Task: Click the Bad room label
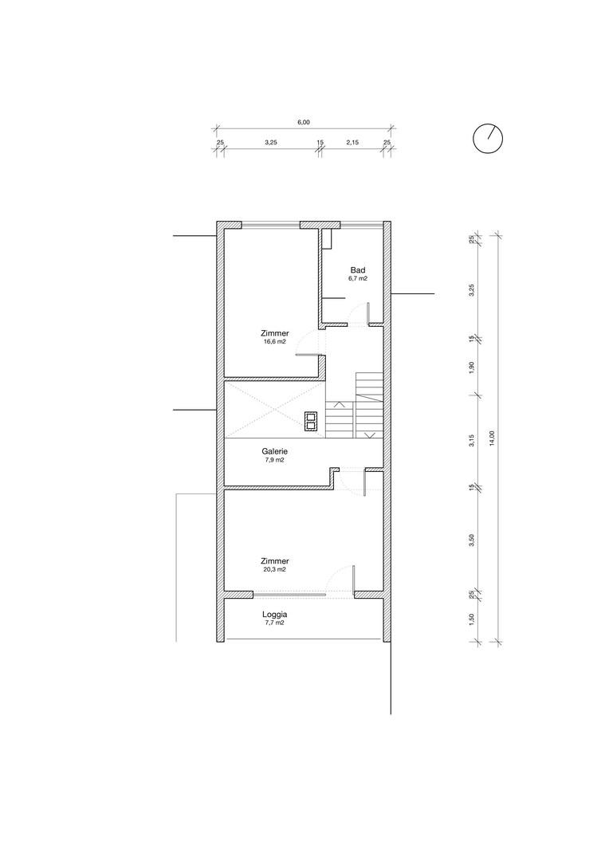coord(357,270)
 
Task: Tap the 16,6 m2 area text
coord(274,341)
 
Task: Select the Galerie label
coord(274,452)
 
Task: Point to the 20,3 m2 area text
coord(274,569)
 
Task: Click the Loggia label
coord(274,615)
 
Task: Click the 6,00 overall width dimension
coord(304,123)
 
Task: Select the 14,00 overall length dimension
coord(492,438)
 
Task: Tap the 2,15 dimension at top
coord(352,142)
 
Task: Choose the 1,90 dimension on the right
coord(471,368)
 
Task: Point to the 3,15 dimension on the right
coord(471,441)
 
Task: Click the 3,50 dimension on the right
coord(471,541)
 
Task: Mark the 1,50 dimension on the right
coord(471,619)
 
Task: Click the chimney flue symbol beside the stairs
coord(311,421)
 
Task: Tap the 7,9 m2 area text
coord(274,460)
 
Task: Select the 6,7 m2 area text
coord(357,278)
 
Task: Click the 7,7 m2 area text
coord(274,623)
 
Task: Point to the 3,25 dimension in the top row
coord(271,142)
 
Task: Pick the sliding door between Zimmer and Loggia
coord(289,595)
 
